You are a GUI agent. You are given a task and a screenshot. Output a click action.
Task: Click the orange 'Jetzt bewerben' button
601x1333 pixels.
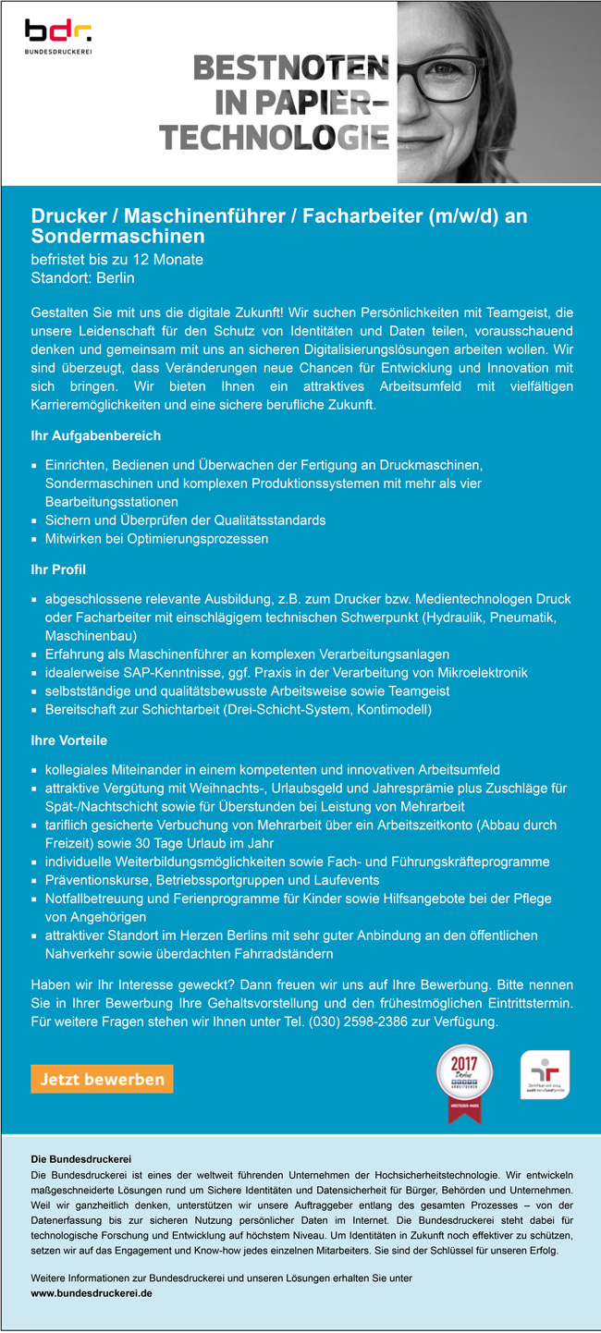tap(102, 1079)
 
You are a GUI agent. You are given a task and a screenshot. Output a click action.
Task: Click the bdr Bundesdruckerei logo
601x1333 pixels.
tap(58, 37)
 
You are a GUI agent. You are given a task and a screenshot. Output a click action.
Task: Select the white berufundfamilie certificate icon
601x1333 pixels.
tap(545, 1074)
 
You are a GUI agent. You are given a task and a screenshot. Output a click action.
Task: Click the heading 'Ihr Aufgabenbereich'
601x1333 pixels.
tap(96, 435)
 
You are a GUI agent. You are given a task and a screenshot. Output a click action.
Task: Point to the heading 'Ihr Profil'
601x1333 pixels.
tap(58, 569)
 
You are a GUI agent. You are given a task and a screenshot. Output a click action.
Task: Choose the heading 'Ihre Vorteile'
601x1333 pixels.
tap(69, 740)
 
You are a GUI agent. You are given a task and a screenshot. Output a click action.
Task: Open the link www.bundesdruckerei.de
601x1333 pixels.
tap(92, 1293)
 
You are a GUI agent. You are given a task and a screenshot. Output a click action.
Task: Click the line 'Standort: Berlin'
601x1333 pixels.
tap(83, 277)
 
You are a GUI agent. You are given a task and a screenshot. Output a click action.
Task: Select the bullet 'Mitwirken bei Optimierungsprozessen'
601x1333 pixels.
tap(156, 538)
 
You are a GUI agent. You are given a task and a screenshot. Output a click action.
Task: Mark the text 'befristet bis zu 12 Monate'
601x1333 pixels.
tap(117, 259)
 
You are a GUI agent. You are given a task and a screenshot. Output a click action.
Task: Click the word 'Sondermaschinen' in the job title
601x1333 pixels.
tap(117, 237)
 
